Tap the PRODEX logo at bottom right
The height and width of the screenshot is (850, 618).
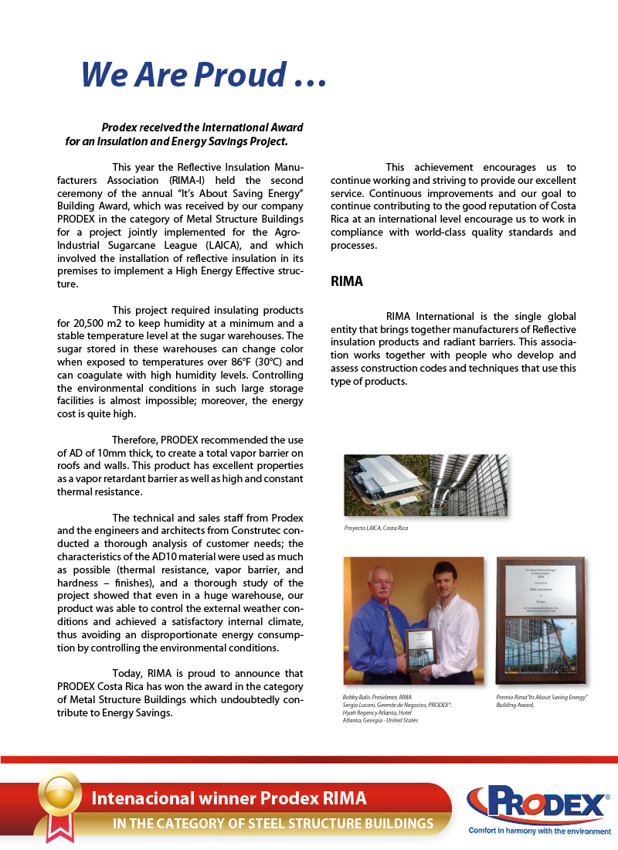[x=538, y=805]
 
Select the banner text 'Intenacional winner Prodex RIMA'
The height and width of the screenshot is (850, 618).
[x=229, y=798]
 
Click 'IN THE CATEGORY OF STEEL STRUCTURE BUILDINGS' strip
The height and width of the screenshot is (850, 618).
[x=273, y=823]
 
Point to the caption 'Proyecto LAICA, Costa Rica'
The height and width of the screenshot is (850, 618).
[x=376, y=528]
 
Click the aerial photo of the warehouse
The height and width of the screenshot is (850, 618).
[x=387, y=484]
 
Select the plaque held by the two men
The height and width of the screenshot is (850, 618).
[x=420, y=648]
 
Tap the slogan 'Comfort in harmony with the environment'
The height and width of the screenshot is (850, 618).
[x=539, y=831]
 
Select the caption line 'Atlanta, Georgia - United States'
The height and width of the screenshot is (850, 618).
[x=380, y=720]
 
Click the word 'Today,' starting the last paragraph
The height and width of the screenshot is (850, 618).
[x=127, y=675]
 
